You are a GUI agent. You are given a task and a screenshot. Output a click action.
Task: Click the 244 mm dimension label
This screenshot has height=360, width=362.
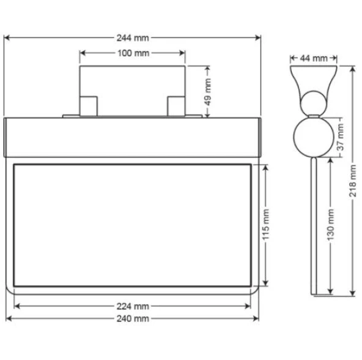133,38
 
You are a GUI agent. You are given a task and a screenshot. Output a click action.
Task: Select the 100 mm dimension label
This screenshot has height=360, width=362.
133,53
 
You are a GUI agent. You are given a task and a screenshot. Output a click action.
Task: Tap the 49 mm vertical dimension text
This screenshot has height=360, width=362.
208,91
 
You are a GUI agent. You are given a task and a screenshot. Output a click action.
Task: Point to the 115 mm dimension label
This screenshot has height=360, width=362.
265,225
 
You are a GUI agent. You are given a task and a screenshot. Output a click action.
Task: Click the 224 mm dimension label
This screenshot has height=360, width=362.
133,306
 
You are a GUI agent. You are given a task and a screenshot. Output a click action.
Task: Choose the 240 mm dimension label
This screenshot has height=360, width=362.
133,319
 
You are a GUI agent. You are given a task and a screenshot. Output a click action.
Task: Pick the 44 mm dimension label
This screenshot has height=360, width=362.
314,58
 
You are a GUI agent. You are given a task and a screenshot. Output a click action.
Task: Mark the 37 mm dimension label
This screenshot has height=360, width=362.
341,138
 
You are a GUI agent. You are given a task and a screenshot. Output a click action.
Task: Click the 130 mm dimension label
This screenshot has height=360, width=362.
331,225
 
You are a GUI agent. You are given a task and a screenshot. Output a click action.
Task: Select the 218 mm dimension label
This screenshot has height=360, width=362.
352,181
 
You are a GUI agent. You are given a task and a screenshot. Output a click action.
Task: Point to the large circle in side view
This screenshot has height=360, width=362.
312,136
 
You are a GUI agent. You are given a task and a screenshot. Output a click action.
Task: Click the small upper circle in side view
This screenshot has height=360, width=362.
314,102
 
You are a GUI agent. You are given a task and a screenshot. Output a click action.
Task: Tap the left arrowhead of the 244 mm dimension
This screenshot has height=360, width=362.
8,38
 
